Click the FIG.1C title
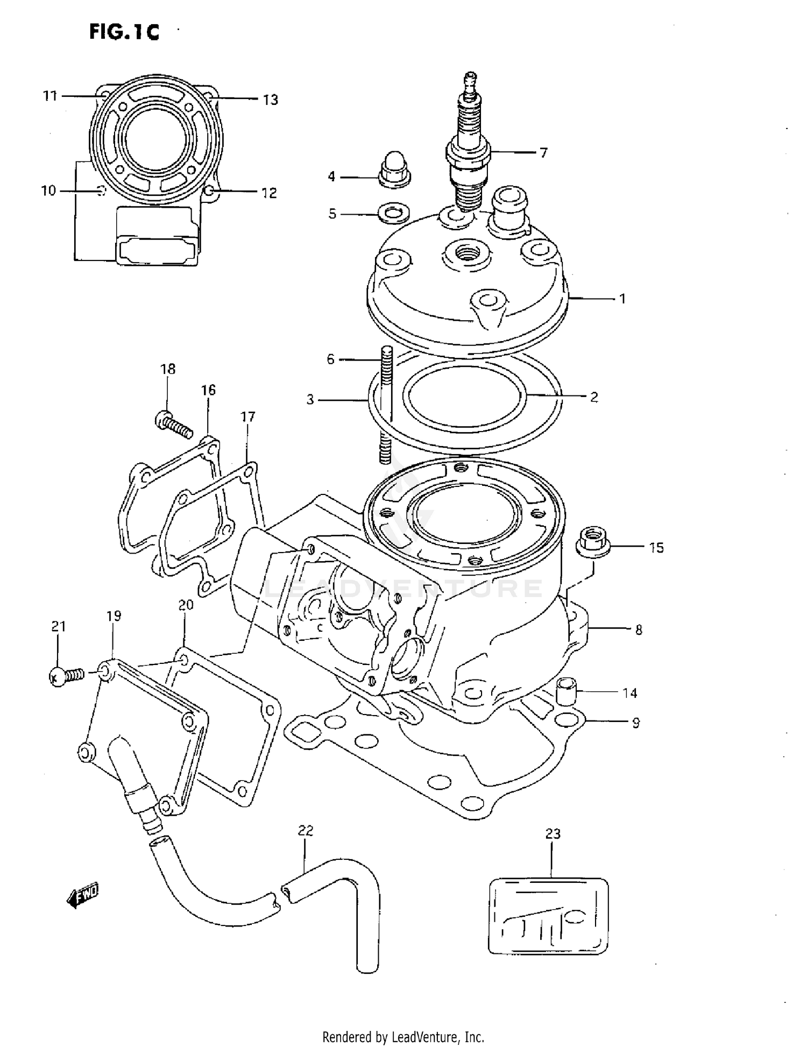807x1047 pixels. (124, 32)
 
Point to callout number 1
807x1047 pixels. (622, 299)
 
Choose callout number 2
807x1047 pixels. (594, 397)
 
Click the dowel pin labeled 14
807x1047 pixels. (565, 691)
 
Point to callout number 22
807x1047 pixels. (306, 831)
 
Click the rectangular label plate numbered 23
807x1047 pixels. (548, 916)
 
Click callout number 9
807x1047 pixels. (636, 723)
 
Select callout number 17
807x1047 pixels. (247, 416)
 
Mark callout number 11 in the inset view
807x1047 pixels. (50, 96)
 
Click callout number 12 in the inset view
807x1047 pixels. (269, 193)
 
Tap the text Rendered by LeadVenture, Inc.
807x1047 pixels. (403, 1036)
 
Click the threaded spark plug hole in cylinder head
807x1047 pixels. (467, 252)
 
